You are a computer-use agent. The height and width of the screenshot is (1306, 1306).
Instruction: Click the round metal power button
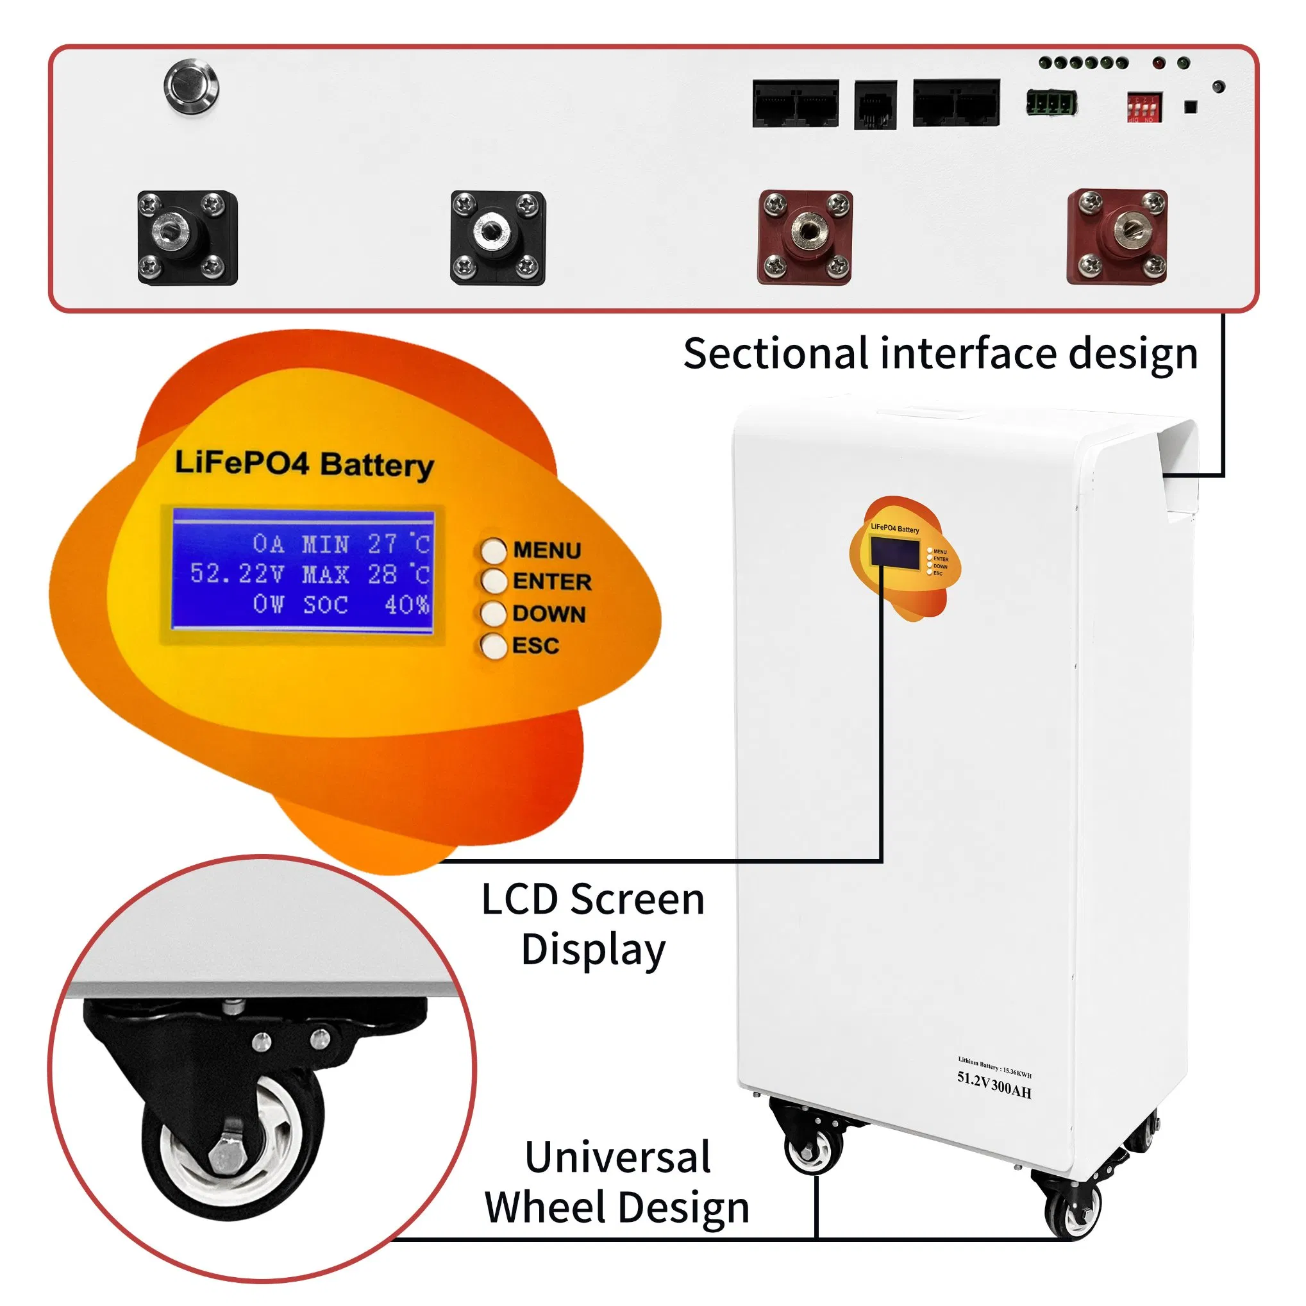coord(191,88)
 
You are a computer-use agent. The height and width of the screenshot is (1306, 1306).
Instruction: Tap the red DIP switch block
coord(1144,108)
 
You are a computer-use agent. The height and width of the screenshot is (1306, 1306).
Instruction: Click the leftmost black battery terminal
coord(187,237)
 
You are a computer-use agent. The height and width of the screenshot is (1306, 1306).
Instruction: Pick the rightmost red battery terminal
coord(1117,237)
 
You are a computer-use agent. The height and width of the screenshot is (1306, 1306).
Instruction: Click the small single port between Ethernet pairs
coord(875,104)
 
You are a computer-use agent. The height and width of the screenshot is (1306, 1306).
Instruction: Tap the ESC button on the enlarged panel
coord(494,646)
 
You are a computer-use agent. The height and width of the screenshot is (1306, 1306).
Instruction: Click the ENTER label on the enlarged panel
coord(551,582)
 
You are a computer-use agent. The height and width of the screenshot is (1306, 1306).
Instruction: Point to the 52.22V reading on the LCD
coord(237,574)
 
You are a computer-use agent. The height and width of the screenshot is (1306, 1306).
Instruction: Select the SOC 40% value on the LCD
coord(406,605)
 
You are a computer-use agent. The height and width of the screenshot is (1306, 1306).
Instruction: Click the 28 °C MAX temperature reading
coord(398,574)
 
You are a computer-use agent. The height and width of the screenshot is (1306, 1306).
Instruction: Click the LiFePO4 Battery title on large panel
coord(304,464)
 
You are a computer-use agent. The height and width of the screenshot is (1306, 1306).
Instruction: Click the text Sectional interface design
coord(941,353)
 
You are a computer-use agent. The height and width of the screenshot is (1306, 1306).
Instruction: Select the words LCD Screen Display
coord(593,924)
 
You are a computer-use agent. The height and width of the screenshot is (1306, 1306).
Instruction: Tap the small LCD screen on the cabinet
coord(895,552)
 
